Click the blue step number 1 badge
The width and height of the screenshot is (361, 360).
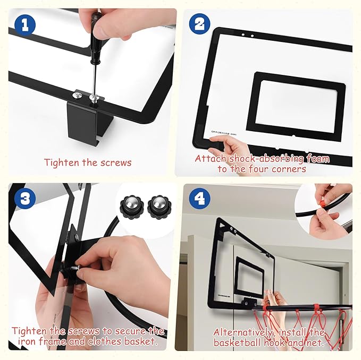(23, 24)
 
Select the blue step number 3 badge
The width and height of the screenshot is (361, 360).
(23, 199)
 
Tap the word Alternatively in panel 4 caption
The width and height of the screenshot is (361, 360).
(245, 332)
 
